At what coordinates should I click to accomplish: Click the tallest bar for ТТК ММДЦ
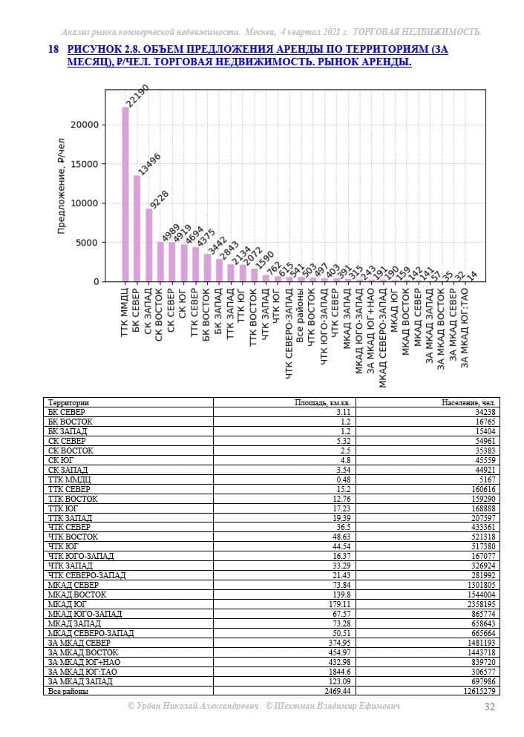pyautogui.click(x=125, y=194)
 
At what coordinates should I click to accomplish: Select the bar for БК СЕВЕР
pyautogui.click(x=137, y=229)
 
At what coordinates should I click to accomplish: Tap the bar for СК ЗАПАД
pyautogui.click(x=149, y=246)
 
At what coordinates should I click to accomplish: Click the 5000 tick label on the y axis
pyautogui.click(x=88, y=243)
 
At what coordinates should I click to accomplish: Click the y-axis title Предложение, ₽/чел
pyautogui.click(x=62, y=186)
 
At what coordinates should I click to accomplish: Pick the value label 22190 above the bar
pyautogui.click(x=138, y=96)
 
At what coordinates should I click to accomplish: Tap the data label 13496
pyautogui.click(x=149, y=164)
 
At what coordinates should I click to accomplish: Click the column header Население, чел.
pyautogui.click(x=468, y=402)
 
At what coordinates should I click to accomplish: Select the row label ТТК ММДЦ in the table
pyautogui.click(x=70, y=479)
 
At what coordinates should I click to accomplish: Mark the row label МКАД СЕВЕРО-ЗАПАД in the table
pyautogui.click(x=91, y=633)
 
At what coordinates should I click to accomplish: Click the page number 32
pyautogui.click(x=489, y=707)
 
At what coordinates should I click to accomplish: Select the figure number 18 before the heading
pyautogui.click(x=53, y=49)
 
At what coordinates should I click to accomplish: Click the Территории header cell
pyautogui.click(x=68, y=402)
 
